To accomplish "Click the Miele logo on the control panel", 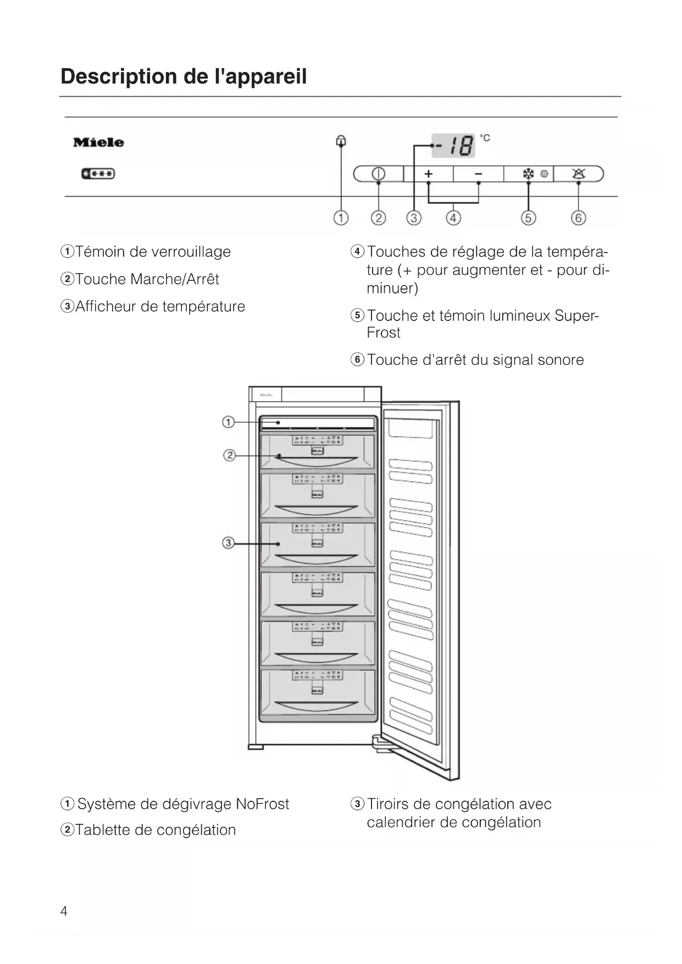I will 98,142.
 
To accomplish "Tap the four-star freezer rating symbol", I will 98,174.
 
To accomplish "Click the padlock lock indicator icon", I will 341,141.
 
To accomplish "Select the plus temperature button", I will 429,174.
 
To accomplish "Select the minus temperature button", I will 478,174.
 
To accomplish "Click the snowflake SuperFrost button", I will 528,174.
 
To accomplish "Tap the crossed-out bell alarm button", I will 578,174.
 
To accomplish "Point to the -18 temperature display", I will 453,146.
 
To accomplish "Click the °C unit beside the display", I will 485,138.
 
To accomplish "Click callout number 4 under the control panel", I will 453,218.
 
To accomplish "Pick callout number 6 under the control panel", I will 578,218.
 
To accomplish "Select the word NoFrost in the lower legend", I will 262,804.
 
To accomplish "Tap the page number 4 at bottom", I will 64,911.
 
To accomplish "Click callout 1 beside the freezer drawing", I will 228,422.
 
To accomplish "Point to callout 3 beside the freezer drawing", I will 228,543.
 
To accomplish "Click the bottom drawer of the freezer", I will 317,691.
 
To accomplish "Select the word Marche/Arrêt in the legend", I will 175,279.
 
